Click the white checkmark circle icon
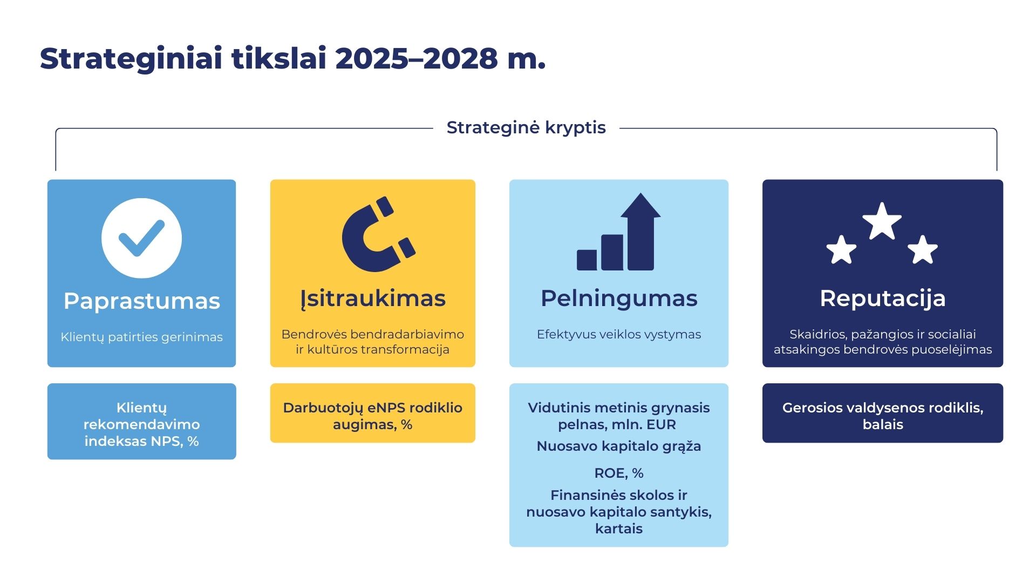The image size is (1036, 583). tap(141, 238)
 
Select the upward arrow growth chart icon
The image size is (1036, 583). tap(619, 232)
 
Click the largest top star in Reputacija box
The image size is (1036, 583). tap(882, 221)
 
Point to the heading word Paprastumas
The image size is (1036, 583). tap(141, 301)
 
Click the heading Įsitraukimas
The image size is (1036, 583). tap(373, 299)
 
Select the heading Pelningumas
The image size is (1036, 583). tap(619, 299)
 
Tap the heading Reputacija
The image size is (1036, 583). tap(883, 298)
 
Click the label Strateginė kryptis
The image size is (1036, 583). tap(526, 128)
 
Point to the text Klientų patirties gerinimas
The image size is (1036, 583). tap(141, 337)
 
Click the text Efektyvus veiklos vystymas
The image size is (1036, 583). tap(619, 334)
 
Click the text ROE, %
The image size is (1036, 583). tap(619, 473)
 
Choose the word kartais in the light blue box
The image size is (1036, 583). tap(619, 528)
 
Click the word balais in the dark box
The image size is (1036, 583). tap(883, 424)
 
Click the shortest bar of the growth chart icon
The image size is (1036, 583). tap(587, 260)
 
